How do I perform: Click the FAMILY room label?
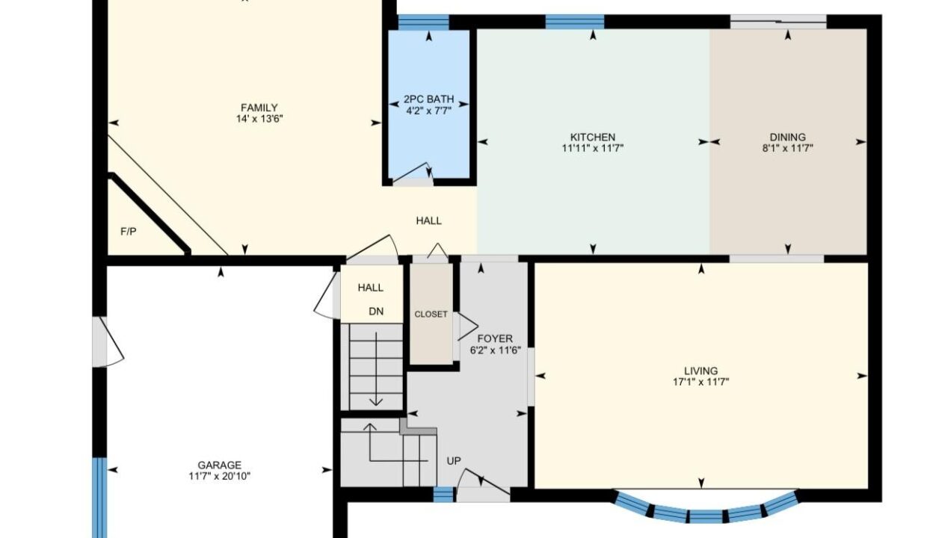[259, 108]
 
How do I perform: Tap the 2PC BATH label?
[429, 99]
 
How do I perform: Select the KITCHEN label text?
[593, 137]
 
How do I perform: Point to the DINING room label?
[787, 137]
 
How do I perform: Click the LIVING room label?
[700, 371]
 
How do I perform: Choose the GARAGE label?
[219, 465]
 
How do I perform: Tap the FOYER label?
[495, 338]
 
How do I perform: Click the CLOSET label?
[431, 315]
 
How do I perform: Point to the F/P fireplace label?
[129, 232]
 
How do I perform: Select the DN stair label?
[376, 312]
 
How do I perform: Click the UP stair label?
[454, 461]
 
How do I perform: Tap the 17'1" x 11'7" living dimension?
[700, 382]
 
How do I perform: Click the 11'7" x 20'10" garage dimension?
[219, 476]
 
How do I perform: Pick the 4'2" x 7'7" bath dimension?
[429, 111]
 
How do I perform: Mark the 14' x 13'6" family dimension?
[259, 119]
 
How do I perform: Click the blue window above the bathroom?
[423, 22]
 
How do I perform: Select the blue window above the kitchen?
[575, 22]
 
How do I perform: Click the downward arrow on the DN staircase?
[376, 369]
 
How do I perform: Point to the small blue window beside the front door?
[443, 494]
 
